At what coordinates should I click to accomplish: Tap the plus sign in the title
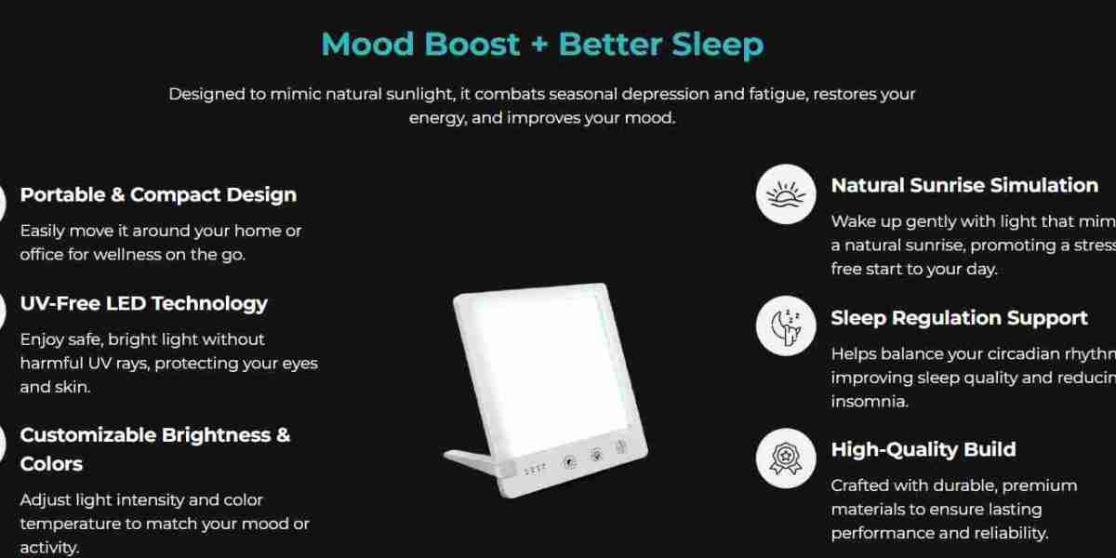(539, 45)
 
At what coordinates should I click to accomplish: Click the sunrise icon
(786, 194)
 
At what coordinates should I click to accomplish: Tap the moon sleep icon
(786, 325)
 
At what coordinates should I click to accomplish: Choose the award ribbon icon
(786, 458)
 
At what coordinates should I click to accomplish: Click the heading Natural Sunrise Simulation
(963, 185)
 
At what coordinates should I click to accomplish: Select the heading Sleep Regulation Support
(959, 318)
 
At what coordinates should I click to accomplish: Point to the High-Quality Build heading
(923, 449)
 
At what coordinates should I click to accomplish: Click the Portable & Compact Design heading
(158, 194)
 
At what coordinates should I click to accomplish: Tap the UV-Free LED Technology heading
(143, 303)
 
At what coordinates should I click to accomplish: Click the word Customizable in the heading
(87, 434)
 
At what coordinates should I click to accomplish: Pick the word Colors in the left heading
(51, 463)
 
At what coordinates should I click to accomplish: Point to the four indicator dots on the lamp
(534, 470)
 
